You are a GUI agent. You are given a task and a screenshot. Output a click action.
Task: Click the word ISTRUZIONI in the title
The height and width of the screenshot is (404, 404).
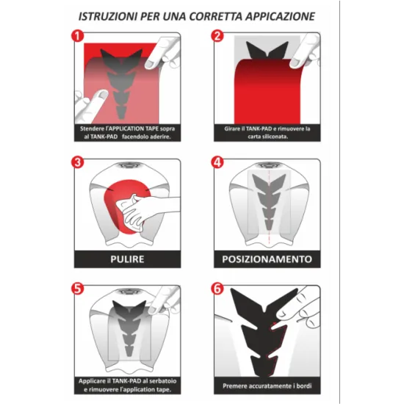(108, 16)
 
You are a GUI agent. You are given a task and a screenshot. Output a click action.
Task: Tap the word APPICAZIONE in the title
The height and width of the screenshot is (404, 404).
(280, 16)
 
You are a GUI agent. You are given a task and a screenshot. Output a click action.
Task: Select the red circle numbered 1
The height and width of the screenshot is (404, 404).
(78, 36)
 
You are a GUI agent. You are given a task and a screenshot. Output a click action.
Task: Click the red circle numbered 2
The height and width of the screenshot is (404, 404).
(217, 36)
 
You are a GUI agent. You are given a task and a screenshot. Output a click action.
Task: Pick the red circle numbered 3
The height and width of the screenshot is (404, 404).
(78, 162)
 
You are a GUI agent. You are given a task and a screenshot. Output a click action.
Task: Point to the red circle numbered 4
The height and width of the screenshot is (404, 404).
(217, 162)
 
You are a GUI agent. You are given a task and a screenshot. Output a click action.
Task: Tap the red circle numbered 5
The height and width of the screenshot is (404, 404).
(78, 289)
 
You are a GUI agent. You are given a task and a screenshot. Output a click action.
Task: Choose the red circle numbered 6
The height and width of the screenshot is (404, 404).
(217, 289)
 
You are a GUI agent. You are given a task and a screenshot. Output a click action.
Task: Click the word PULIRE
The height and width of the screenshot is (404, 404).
(127, 259)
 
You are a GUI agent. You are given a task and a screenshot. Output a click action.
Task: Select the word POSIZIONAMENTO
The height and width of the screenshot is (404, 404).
(267, 259)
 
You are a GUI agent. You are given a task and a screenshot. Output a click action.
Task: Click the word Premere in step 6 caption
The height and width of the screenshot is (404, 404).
(233, 386)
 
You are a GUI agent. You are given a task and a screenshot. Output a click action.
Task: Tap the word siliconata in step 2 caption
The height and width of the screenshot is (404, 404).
(275, 137)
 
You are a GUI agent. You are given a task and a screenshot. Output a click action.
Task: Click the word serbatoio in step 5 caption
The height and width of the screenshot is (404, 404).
(164, 380)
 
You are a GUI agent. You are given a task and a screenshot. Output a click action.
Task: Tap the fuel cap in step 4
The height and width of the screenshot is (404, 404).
(267, 165)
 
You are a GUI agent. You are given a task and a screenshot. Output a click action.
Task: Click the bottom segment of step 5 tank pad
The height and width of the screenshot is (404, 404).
(129, 351)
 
